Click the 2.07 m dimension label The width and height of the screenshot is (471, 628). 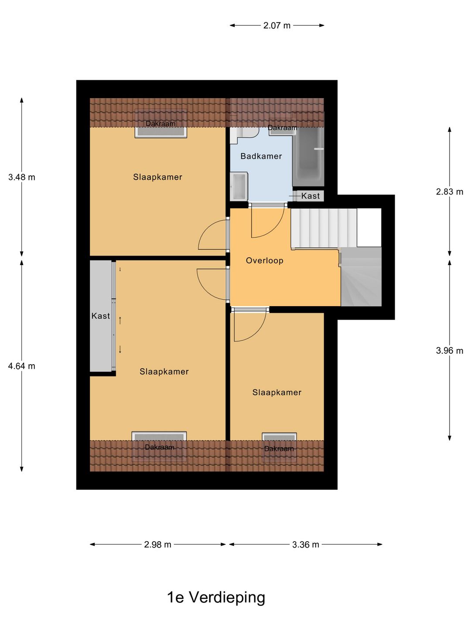click(276, 26)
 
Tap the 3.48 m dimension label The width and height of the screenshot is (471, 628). click(22, 177)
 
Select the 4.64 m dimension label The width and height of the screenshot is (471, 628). click(22, 366)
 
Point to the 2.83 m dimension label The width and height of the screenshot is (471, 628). click(449, 191)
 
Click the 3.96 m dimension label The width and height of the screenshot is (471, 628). click(449, 351)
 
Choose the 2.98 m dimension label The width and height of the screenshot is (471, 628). click(157, 545)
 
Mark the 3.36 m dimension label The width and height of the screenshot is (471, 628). click(305, 545)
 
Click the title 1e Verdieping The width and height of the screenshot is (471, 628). click(216, 597)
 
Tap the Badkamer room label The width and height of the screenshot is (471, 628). click(261, 156)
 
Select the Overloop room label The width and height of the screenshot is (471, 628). click(264, 260)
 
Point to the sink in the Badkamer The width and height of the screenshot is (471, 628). click(239, 186)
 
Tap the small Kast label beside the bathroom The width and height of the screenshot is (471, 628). click(310, 196)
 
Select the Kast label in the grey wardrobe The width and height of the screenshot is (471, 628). click(101, 316)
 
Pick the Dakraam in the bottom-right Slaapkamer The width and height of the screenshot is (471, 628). click(279, 447)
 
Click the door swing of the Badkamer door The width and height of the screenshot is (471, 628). click(267, 222)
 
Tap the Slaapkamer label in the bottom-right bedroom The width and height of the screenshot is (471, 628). click(277, 392)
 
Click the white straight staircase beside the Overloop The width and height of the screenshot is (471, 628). click(324, 228)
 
